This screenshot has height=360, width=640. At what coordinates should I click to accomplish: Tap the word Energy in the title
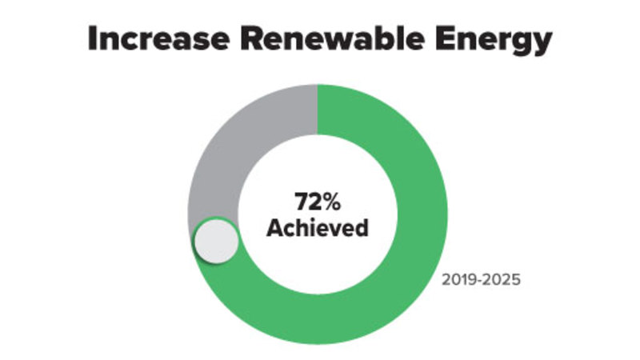click(x=496, y=40)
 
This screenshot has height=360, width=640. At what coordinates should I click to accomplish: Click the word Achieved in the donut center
click(x=318, y=227)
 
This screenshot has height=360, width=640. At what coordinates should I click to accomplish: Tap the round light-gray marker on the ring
click(x=217, y=241)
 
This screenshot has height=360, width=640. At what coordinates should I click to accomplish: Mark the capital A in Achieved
click(x=274, y=227)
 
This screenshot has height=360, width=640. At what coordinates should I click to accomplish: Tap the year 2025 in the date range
click(x=504, y=281)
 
